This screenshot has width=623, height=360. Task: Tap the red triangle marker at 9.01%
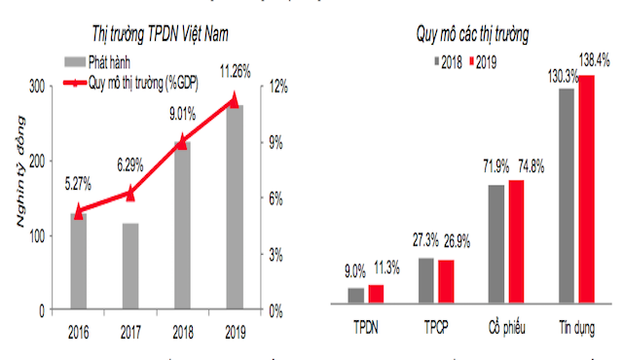point(181,142)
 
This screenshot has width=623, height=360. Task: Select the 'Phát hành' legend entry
point(116,61)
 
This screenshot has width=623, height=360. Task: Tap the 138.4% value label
point(594,58)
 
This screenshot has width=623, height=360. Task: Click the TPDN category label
point(365,327)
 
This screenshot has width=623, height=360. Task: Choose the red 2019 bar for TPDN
point(375,295)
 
